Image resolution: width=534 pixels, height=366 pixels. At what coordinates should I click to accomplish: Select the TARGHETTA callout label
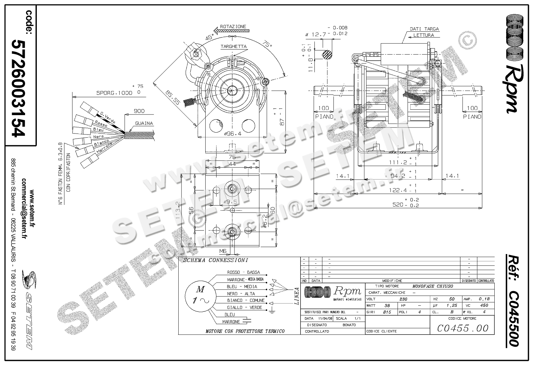[234, 46]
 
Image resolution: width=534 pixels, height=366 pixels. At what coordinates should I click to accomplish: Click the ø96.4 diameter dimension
[233, 134]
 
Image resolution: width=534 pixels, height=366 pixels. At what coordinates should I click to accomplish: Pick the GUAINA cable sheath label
[144, 123]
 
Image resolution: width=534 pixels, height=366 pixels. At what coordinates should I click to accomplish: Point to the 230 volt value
[403, 299]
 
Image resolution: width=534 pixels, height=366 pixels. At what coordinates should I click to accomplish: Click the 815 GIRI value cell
[387, 312]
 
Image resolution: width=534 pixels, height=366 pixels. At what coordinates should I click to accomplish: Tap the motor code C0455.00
[463, 328]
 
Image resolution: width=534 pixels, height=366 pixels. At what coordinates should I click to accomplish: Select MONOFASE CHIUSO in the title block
[433, 286]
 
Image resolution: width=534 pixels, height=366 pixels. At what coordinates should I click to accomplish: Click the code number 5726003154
[18, 88]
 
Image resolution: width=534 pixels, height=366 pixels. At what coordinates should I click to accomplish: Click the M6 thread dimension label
[223, 251]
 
